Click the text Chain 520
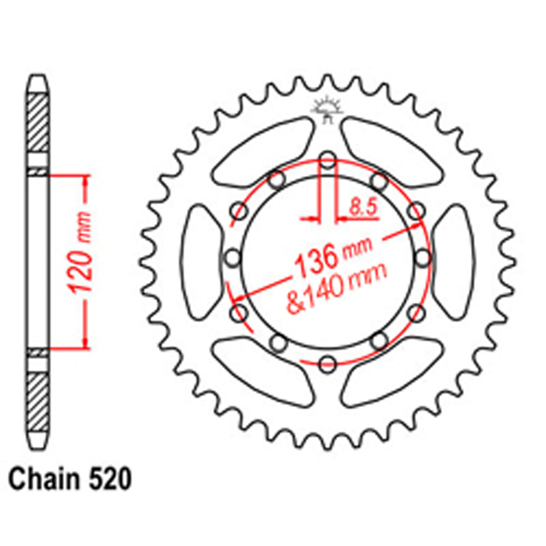[x=70, y=480]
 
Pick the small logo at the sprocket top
[x=327, y=109]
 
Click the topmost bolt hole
[x=327, y=161]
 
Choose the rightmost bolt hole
[x=422, y=257]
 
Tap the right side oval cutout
[x=454, y=262]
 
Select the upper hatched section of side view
[x=38, y=123]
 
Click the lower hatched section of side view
[x=38, y=401]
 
